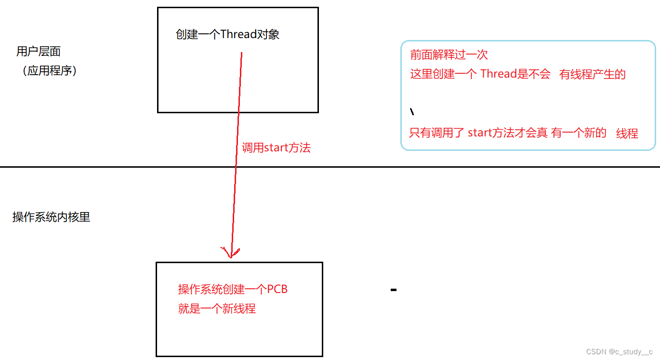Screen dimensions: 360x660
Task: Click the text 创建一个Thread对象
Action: (227, 35)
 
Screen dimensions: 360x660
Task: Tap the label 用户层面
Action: (39, 52)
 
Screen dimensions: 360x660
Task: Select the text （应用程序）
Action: (50, 71)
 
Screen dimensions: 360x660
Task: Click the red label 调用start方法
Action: (276, 148)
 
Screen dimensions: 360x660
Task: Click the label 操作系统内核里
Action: (51, 217)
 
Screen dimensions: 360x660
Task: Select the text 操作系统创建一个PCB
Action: (233, 289)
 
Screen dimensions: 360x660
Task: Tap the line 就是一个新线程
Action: (217, 309)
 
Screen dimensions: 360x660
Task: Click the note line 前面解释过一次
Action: (449, 55)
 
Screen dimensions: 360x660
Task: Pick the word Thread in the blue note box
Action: (499, 74)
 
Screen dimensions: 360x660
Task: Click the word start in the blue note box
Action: (479, 133)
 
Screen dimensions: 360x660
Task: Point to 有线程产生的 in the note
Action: (593, 74)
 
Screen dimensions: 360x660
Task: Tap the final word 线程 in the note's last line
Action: (627, 134)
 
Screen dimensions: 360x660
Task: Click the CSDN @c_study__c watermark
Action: (619, 352)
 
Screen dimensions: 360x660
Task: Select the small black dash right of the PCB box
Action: (394, 290)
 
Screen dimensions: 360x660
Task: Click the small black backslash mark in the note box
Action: (412, 112)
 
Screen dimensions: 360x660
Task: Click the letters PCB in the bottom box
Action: (277, 289)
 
